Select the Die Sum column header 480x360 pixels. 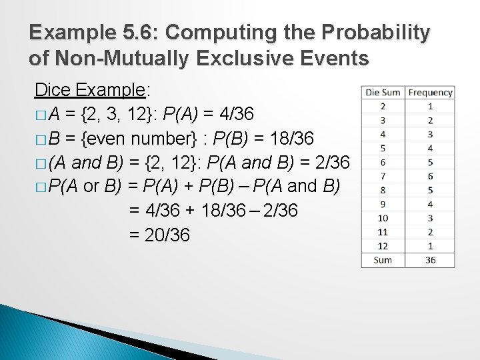click(383, 93)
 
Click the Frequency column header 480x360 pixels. click(430, 93)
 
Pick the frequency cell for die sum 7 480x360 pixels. click(430, 176)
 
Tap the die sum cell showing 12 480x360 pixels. click(383, 245)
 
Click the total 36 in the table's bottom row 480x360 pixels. click(430, 260)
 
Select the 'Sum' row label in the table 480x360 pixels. click(383, 260)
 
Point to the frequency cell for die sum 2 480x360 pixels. click(430, 106)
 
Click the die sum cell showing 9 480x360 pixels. click(383, 204)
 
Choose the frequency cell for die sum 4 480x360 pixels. click(430, 134)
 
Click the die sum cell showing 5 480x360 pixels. click(383, 148)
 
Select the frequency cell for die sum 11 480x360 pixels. click(430, 231)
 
